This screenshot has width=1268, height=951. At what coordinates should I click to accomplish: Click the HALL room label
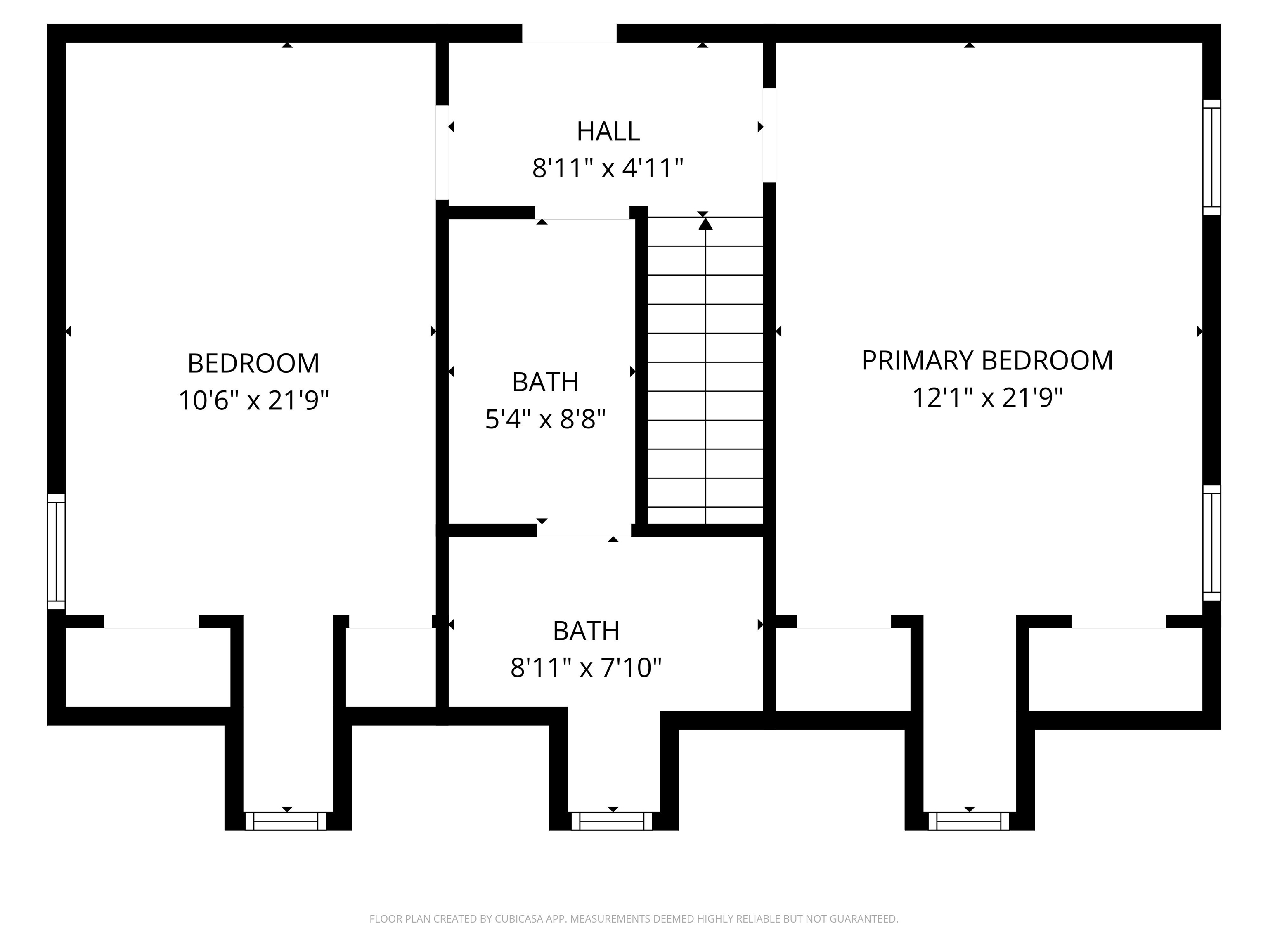[x=608, y=131]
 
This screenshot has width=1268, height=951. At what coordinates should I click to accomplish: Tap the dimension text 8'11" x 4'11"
[x=608, y=168]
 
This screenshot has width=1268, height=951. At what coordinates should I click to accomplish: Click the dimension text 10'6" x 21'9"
[x=254, y=400]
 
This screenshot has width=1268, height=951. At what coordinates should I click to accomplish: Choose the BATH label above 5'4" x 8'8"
[x=545, y=382]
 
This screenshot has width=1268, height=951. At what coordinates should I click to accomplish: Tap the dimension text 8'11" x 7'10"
[x=586, y=668]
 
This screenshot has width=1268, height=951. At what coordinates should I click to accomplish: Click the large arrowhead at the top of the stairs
[x=706, y=224]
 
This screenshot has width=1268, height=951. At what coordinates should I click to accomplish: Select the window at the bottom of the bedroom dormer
[x=286, y=821]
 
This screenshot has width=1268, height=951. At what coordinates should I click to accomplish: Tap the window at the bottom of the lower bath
[x=612, y=821]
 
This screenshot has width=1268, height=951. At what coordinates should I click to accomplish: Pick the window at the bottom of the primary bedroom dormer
[x=969, y=821]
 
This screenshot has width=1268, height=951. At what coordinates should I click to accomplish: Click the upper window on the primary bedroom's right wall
[x=1211, y=157]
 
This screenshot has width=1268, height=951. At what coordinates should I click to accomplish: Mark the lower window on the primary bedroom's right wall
[x=1211, y=543]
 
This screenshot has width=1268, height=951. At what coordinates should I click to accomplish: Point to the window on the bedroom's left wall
[x=56, y=551]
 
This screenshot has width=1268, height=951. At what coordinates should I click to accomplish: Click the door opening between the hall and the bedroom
[x=442, y=152]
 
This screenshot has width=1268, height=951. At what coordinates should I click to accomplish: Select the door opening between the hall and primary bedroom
[x=769, y=135]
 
